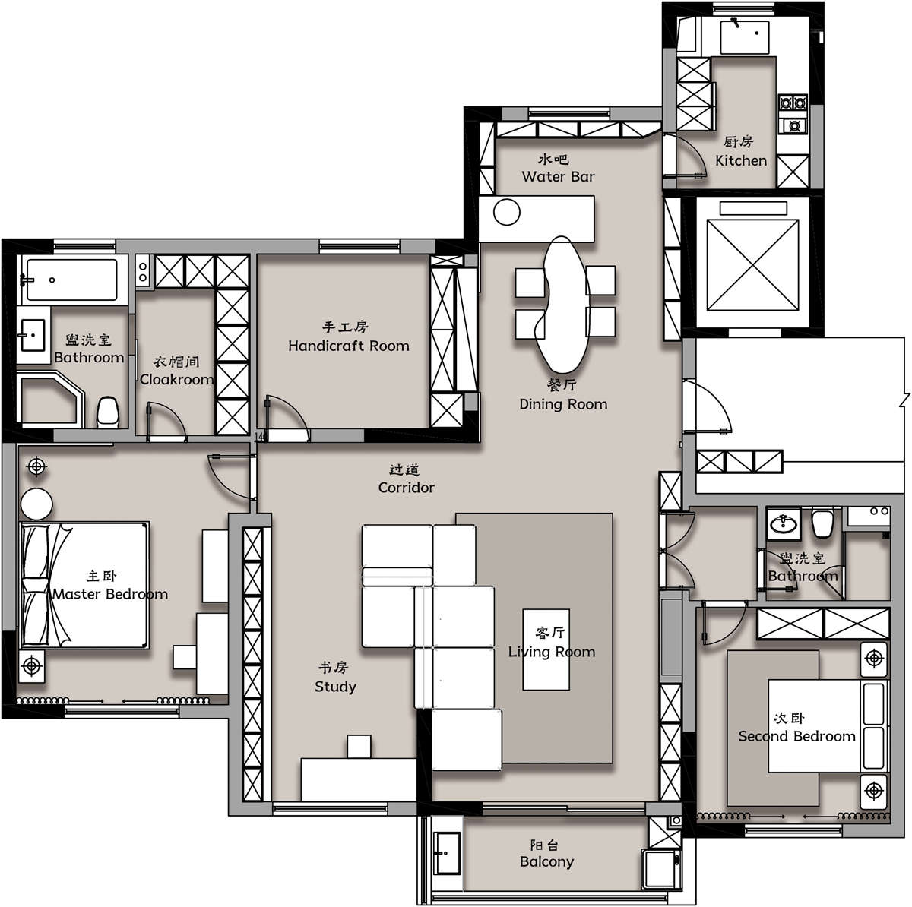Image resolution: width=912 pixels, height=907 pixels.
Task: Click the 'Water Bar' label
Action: pos(558,176)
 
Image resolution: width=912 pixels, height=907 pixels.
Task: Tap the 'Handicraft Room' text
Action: pos(349,346)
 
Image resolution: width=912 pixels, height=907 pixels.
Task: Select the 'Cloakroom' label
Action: pos(176,380)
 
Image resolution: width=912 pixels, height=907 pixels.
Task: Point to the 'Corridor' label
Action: pos(406,488)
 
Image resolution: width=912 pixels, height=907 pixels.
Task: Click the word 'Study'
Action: pos(335,687)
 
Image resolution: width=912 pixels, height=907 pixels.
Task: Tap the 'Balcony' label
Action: pos(546,861)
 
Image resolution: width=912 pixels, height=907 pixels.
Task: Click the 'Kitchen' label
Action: pos(741,161)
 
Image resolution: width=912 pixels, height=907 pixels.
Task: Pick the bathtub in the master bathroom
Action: pos(72,280)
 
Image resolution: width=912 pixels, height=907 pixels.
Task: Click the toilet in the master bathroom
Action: pos(109,412)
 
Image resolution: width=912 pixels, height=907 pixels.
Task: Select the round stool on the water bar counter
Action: pos(507,213)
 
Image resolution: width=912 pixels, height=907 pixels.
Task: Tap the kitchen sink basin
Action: pos(745,37)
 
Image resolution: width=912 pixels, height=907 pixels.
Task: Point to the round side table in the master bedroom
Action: pos(36,504)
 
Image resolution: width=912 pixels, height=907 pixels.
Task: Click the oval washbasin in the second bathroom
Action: pos(784,524)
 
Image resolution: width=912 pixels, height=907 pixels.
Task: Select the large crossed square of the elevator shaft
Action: pos(752,265)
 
